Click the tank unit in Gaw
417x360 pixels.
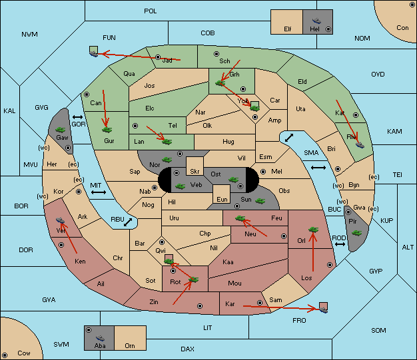(x=61, y=130)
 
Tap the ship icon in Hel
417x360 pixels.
(x=316, y=21)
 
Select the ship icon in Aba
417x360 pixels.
(x=100, y=338)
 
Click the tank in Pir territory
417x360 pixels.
(x=356, y=233)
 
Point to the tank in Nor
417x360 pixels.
(x=167, y=160)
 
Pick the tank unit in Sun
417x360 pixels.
(x=260, y=201)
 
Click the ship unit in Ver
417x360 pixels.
(x=61, y=220)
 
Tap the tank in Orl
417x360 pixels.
(x=313, y=230)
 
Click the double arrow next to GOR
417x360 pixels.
(x=77, y=117)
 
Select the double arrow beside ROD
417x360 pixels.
(x=340, y=244)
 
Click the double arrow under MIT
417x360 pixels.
(x=99, y=192)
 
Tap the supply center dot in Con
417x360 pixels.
(x=412, y=5)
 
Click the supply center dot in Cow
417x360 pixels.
(x=5, y=355)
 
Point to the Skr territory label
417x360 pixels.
(x=195, y=172)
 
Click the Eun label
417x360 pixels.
(x=222, y=199)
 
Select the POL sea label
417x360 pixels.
(x=151, y=11)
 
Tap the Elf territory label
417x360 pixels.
(x=288, y=29)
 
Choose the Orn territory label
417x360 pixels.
(x=130, y=345)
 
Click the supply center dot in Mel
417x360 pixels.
(x=263, y=172)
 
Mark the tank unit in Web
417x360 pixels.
(x=181, y=186)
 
